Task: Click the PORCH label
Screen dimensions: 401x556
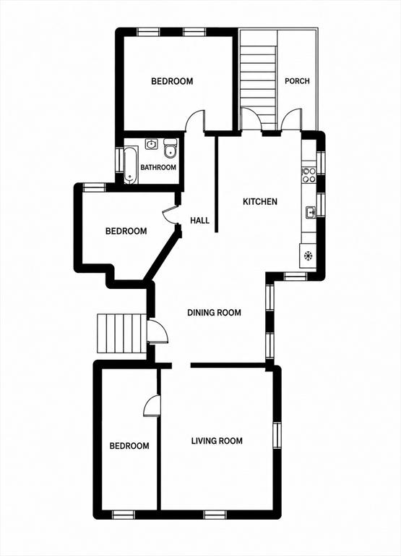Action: click(x=297, y=81)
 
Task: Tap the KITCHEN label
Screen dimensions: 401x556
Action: click(x=260, y=201)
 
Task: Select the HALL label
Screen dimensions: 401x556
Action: click(x=199, y=220)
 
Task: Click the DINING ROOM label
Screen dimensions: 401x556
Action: click(x=214, y=313)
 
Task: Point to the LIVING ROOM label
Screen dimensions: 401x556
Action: click(x=217, y=441)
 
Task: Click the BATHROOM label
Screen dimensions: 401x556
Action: click(x=158, y=167)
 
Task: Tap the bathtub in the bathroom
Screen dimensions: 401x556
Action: click(x=129, y=166)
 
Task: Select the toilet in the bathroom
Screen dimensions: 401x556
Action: click(x=171, y=148)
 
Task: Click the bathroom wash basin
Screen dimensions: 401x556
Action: click(x=152, y=144)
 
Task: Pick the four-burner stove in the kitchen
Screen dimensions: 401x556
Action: click(x=309, y=174)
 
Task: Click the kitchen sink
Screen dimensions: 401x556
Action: click(x=311, y=212)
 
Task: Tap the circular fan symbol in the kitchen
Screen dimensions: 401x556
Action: click(x=308, y=255)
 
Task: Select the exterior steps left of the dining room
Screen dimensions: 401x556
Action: click(x=122, y=333)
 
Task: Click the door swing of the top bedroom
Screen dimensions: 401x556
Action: click(x=195, y=122)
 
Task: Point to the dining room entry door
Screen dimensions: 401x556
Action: click(x=158, y=331)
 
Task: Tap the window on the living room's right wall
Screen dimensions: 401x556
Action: click(x=277, y=435)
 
